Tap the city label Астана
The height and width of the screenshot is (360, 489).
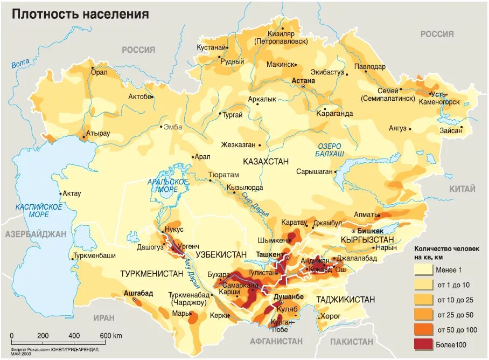pos(303,80)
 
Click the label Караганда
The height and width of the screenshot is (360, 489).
pos(335,114)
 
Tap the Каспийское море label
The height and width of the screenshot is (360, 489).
pos(39,210)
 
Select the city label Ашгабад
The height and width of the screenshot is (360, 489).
pos(138,293)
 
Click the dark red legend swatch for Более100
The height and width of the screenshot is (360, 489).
pos(424,343)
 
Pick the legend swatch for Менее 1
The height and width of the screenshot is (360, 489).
pos(424,269)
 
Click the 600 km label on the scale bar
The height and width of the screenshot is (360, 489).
pos(110,335)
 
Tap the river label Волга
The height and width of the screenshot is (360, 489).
pos(20,64)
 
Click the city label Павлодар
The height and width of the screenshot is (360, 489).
pos(369,67)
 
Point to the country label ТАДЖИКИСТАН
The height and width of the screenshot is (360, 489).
pos(346,299)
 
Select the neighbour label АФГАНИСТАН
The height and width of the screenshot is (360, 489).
pos(276,341)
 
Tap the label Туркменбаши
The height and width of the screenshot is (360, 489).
pos(94,256)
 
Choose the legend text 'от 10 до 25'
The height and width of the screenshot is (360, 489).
pos(455,299)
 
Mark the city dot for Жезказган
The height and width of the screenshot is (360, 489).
pos(260,145)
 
